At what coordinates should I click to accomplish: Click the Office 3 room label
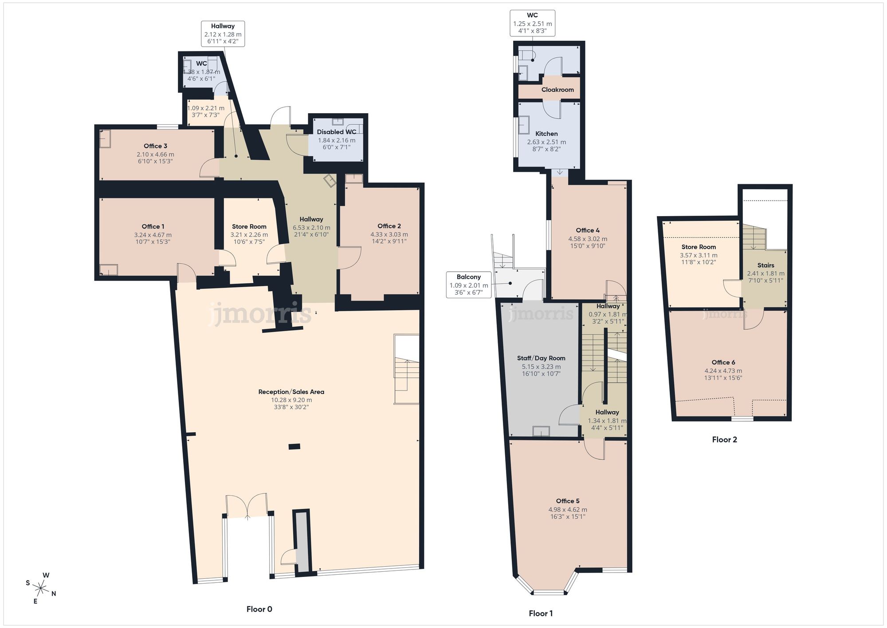click(155, 146)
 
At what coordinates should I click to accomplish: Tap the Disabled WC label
click(336, 132)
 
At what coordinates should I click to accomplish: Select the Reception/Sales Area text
click(291, 392)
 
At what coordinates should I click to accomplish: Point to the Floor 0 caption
click(259, 609)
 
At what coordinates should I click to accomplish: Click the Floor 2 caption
click(724, 440)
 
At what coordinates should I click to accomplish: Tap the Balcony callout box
click(468, 284)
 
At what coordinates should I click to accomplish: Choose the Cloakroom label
click(557, 90)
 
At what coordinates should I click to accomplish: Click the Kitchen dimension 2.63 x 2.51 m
click(546, 142)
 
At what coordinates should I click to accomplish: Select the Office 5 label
click(568, 501)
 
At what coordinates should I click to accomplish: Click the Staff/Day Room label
click(541, 358)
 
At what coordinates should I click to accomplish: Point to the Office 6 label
click(723, 363)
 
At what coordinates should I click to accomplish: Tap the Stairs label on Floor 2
click(765, 265)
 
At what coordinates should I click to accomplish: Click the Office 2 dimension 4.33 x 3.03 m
click(389, 234)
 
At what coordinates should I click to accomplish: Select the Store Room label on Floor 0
click(249, 226)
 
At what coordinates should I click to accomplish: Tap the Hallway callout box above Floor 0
click(223, 34)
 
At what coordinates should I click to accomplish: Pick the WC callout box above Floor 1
click(532, 23)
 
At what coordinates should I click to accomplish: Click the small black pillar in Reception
click(294, 446)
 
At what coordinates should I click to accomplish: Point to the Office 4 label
click(587, 230)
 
